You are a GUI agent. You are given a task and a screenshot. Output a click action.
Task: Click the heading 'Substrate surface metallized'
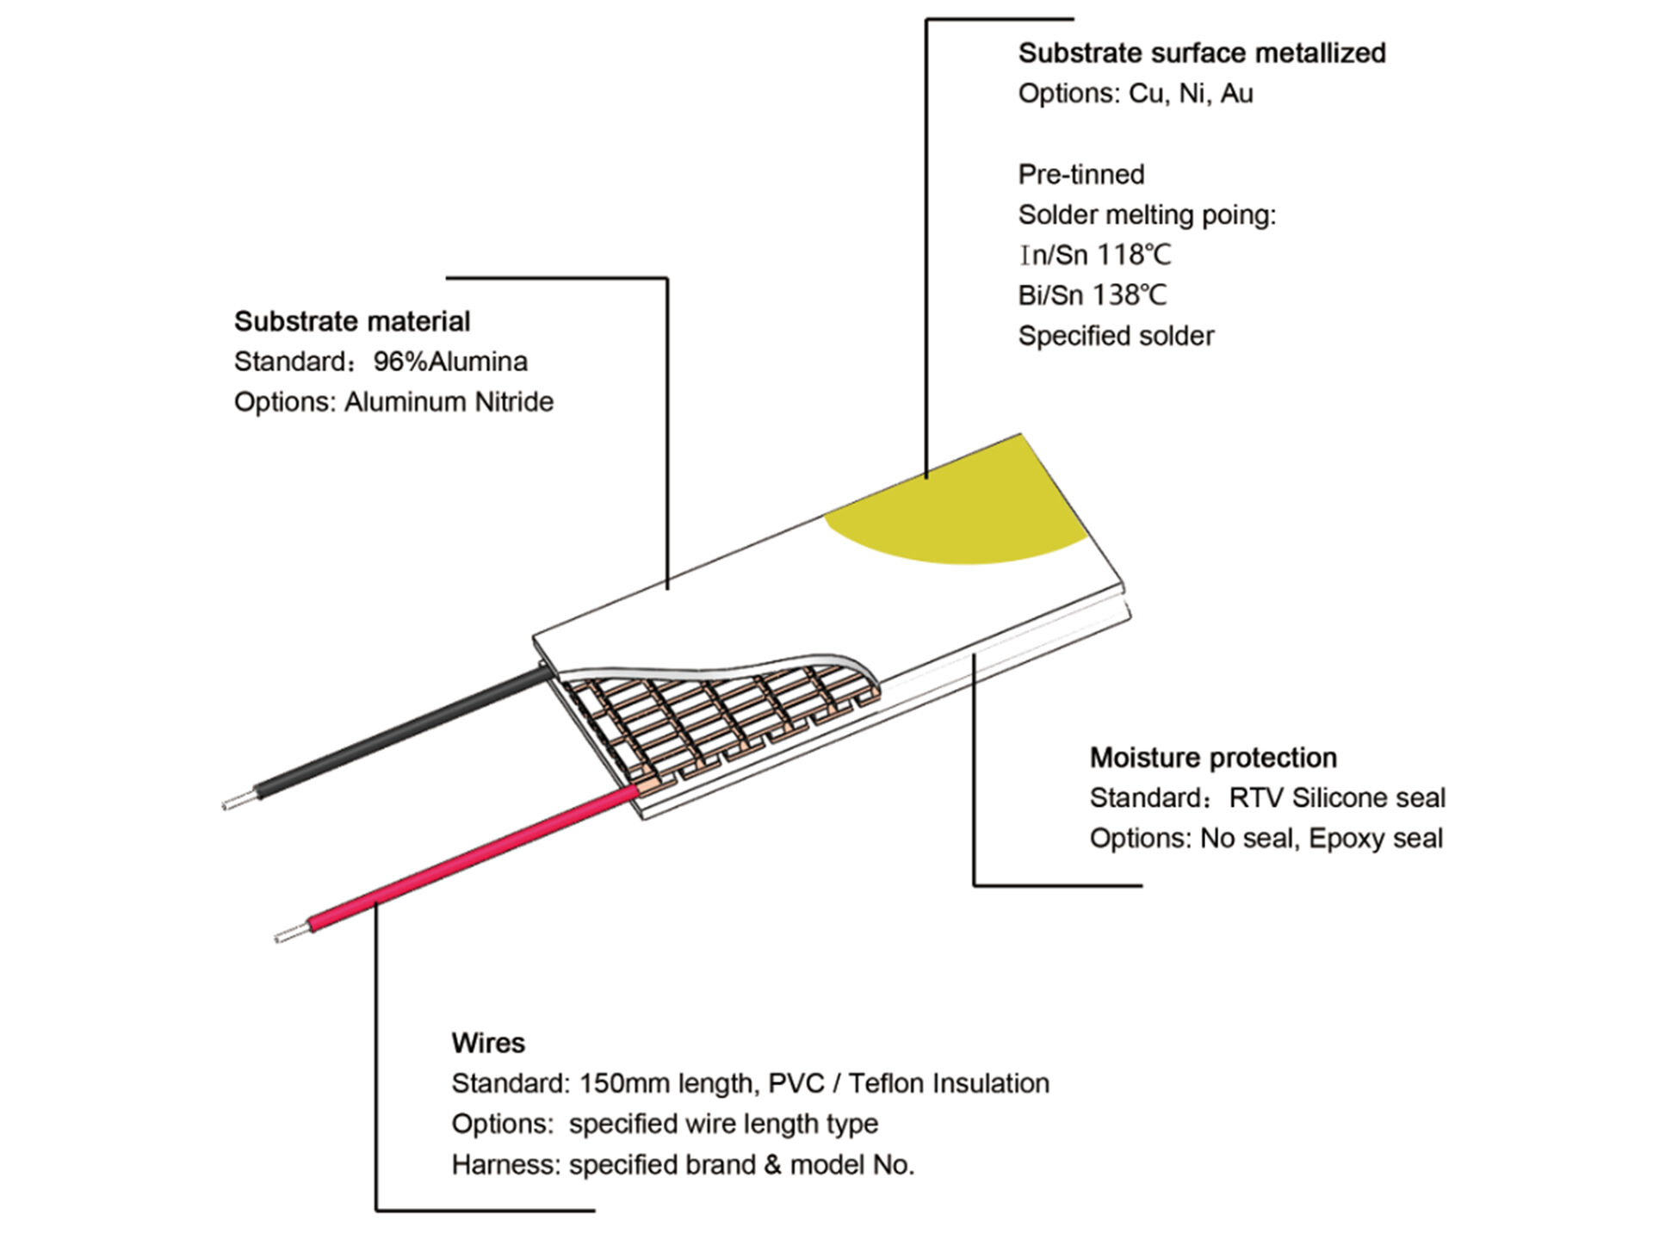(1202, 53)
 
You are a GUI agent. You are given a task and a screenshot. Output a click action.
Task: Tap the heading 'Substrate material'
(352, 321)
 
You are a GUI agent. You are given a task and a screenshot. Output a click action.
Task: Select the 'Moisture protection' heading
(1213, 758)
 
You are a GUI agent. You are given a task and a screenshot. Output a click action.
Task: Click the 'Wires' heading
(488, 1043)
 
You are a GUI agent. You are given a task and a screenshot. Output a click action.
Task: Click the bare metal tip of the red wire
(292, 933)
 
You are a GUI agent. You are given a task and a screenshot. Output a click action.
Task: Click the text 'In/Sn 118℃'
(1094, 255)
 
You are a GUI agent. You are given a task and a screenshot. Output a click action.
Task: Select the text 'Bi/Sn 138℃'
(1093, 295)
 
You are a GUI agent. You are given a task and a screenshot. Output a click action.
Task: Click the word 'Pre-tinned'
(1081, 175)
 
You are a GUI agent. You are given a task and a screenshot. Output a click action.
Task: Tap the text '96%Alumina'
(450, 362)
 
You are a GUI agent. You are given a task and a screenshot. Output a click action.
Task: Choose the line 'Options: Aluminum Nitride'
(393, 402)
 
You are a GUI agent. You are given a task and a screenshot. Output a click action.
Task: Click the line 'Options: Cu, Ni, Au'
(1136, 94)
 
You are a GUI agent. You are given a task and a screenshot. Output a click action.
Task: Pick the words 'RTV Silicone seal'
(1337, 798)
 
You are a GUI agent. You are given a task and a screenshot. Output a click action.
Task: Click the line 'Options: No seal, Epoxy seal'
(1266, 839)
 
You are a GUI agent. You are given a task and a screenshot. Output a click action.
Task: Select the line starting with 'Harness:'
(683, 1165)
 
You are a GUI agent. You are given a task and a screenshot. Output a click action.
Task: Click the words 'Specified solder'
(1116, 336)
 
